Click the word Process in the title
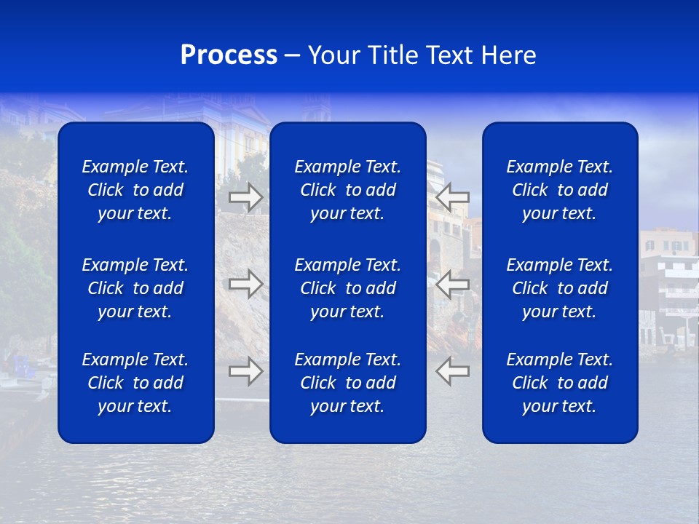[229, 55]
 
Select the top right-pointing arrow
[246, 197]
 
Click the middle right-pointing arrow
[246, 283]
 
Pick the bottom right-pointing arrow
[246, 371]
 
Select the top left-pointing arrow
[452, 197]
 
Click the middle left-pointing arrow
[452, 283]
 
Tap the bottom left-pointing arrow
[452, 371]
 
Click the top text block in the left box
[135, 190]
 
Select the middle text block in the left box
[135, 288]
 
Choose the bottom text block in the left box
[135, 383]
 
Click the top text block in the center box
[347, 190]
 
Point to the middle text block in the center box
[347, 288]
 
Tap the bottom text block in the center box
[347, 383]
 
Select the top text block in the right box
[559, 190]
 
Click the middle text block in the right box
[559, 288]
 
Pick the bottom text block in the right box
[559, 383]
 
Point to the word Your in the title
[333, 55]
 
